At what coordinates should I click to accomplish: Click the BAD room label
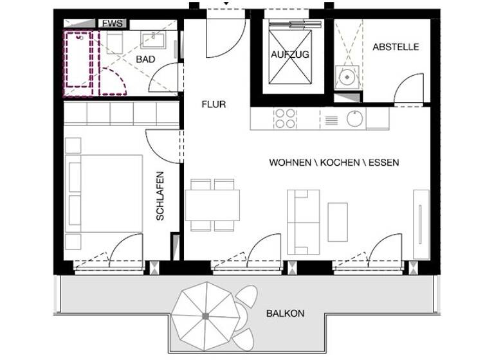pyautogui.click(x=145, y=59)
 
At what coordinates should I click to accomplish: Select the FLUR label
pyautogui.click(x=214, y=104)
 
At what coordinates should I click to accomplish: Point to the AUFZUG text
pyautogui.click(x=289, y=55)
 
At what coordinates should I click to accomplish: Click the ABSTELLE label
pyautogui.click(x=396, y=47)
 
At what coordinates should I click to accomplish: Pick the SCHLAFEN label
pyautogui.click(x=160, y=195)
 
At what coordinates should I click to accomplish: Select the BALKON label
pyautogui.click(x=285, y=314)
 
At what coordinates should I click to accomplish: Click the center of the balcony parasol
pyautogui.click(x=205, y=316)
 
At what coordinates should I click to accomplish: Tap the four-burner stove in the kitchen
pyautogui.click(x=286, y=118)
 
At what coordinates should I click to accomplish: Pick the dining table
pyautogui.click(x=212, y=205)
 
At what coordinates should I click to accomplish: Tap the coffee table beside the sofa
pyautogui.click(x=338, y=222)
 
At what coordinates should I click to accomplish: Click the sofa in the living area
pyautogui.click(x=303, y=222)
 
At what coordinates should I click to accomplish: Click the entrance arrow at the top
pyautogui.click(x=225, y=4)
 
